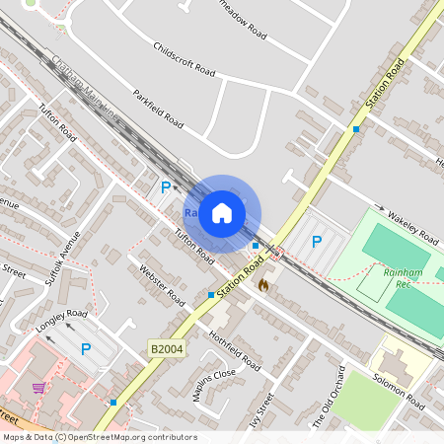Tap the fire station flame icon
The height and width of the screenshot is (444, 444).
click(263, 284)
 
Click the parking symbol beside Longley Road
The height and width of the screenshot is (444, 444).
click(86, 348)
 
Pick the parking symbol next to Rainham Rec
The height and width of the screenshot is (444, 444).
click(317, 242)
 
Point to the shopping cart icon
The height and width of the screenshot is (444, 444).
click(38, 388)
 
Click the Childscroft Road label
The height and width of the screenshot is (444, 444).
click(185, 59)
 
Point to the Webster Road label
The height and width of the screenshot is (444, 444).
click(162, 284)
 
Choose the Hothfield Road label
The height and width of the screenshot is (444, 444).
click(235, 350)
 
